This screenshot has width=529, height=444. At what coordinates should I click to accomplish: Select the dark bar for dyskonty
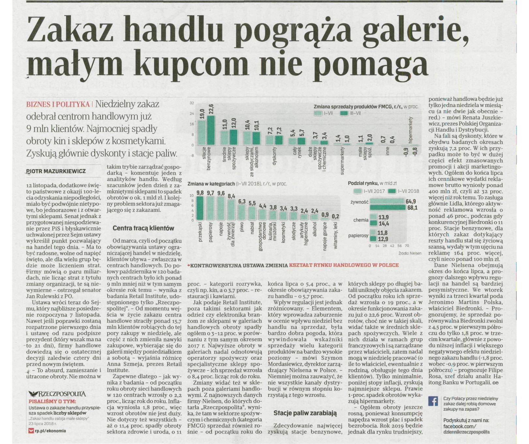point(279,140)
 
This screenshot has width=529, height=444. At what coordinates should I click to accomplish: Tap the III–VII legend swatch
point(344,113)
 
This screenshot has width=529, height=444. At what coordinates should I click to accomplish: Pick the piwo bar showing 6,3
point(242,213)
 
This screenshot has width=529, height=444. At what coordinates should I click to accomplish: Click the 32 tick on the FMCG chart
point(192,103)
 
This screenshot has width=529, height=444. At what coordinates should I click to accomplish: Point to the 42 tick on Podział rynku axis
point(392,246)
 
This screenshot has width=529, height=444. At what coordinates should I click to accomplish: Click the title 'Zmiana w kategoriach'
point(211,184)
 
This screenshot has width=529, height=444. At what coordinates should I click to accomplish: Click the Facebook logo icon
point(433,401)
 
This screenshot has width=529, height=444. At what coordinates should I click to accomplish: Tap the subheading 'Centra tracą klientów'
point(143,228)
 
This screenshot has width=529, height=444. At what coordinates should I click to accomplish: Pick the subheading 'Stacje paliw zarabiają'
point(305,413)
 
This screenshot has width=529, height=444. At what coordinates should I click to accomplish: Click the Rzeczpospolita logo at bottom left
point(57,394)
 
